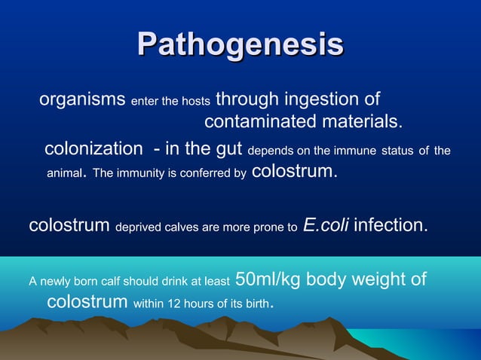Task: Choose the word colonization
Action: click(93, 150)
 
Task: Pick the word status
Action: click(397, 151)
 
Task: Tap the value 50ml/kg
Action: click(269, 279)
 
